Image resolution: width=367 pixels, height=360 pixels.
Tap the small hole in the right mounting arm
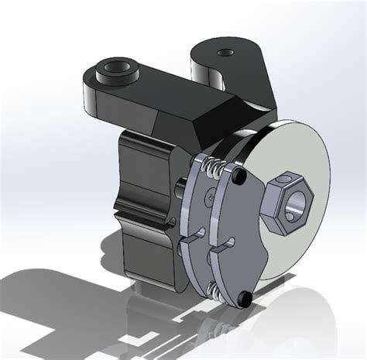(x=225, y=53)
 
